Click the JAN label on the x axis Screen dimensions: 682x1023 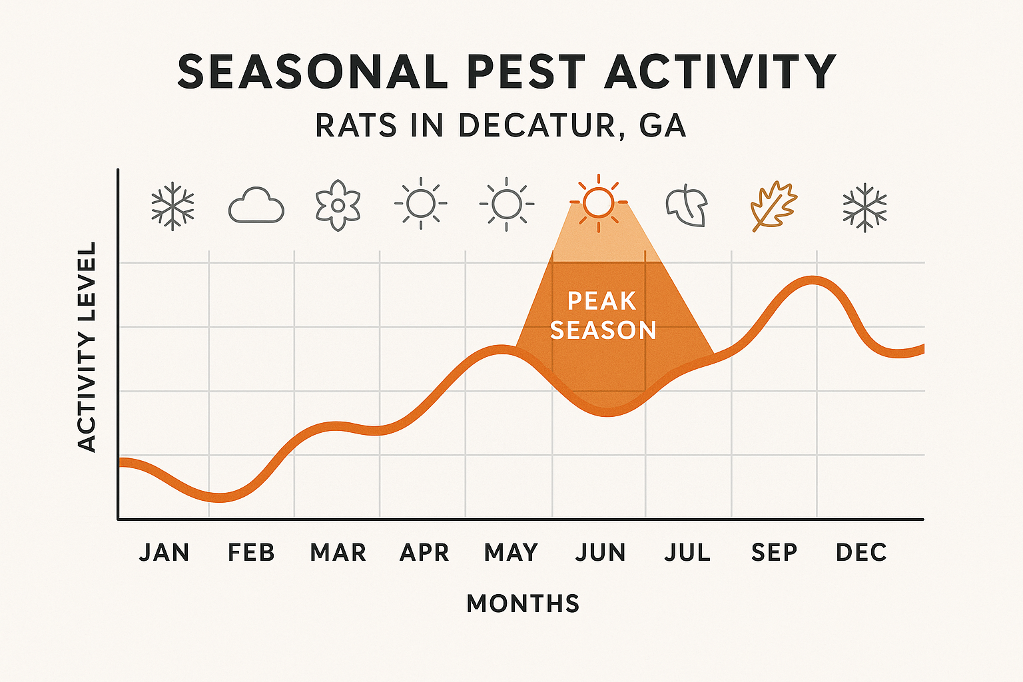coord(165,553)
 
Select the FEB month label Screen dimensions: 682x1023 coord(251,553)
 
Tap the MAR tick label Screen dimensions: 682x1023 coord(338,553)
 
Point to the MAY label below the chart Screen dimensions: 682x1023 coord(511,553)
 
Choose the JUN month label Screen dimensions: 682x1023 coord(601,553)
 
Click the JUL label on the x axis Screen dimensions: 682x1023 coord(687,553)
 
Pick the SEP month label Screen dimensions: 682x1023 coord(774,553)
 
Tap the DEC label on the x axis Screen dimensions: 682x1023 coord(861,553)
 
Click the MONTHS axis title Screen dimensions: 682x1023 coord(523,604)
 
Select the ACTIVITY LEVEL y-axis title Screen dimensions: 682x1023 coord(87,347)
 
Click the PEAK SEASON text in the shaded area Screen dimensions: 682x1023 coord(603,316)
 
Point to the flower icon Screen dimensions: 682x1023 coord(338,204)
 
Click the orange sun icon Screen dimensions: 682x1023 coord(598,202)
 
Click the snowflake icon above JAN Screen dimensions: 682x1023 coord(172,206)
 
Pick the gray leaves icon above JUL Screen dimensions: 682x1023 coord(687,206)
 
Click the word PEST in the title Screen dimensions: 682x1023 coord(527,72)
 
